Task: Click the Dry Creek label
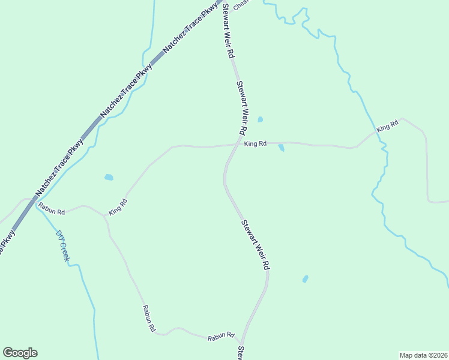coord(63,246)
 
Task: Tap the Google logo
coord(20,353)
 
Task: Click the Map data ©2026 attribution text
coord(423,355)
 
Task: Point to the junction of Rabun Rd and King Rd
coord(106,215)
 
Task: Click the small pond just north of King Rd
coord(260,119)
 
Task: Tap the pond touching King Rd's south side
coord(281,148)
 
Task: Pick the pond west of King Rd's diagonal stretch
coord(109,177)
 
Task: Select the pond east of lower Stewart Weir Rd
coord(305,279)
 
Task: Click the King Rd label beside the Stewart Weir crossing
coord(255,144)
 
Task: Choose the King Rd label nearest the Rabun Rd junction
coord(118,207)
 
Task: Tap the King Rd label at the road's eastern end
coord(388,126)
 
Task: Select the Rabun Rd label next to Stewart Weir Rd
coord(220,338)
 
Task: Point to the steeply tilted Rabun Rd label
coord(149,319)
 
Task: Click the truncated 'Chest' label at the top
coord(241,5)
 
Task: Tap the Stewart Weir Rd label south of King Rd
coord(255,244)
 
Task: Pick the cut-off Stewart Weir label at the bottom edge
coord(240,353)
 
